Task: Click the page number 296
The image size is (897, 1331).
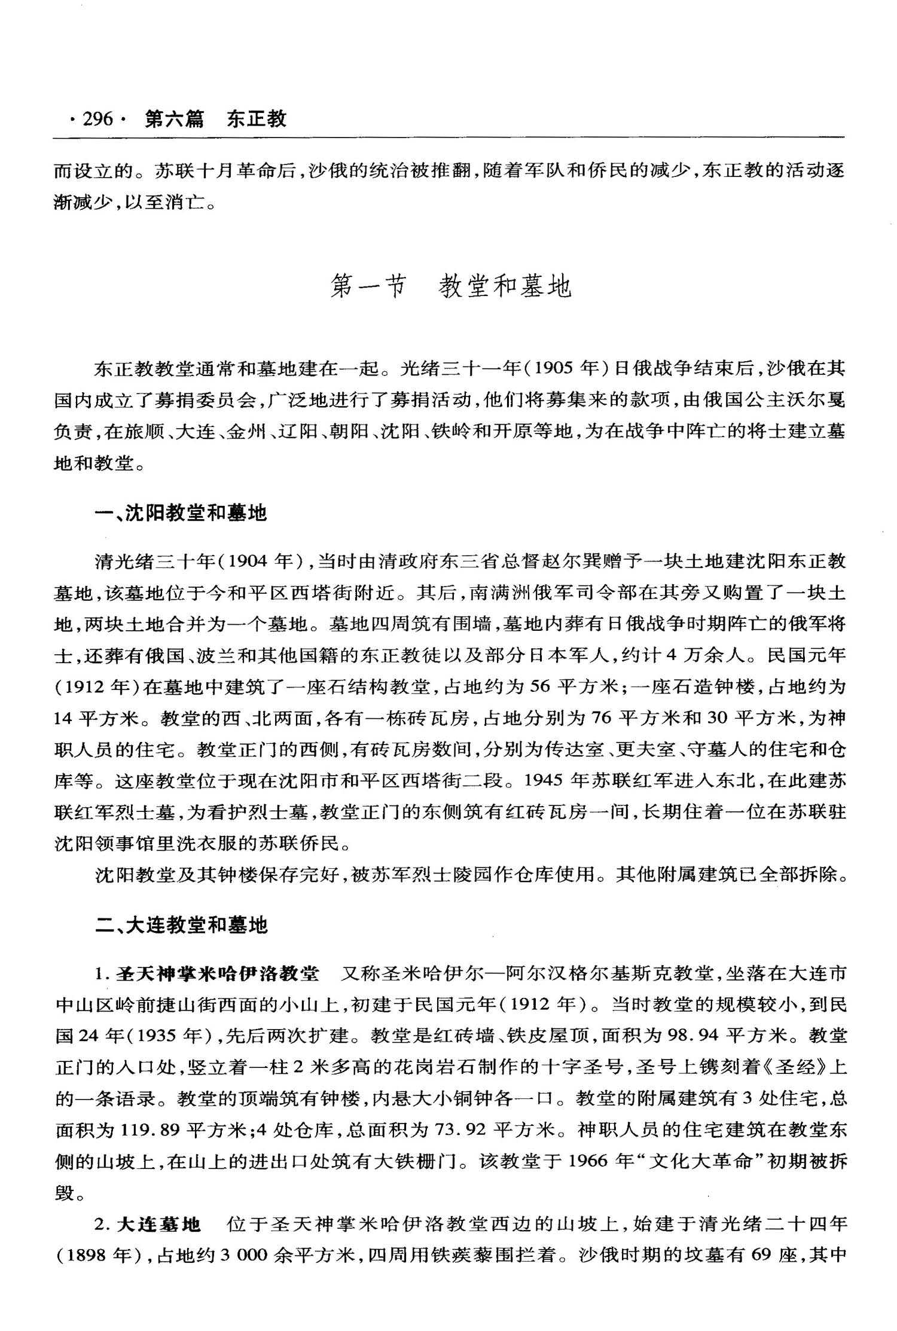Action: coord(97,119)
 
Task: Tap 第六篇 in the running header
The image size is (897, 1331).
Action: coord(174,119)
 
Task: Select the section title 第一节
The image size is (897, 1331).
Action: coord(368,286)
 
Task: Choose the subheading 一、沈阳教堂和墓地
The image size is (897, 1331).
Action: coord(181,513)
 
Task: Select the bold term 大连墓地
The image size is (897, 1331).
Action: coord(158,1225)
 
